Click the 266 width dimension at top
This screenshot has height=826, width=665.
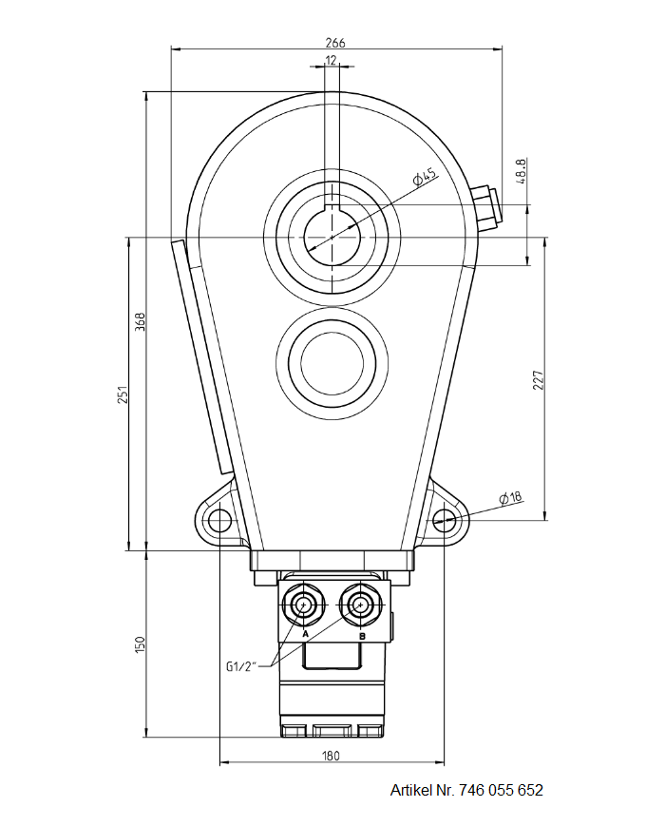click(x=334, y=42)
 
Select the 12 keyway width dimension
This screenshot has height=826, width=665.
click(x=331, y=60)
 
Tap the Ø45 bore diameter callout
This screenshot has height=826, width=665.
click(x=424, y=176)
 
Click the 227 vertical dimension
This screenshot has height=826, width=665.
click(x=538, y=380)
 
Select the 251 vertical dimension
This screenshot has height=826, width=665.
click(x=122, y=394)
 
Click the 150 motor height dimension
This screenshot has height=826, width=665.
click(x=139, y=644)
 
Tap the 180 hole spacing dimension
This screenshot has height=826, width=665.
click(x=331, y=756)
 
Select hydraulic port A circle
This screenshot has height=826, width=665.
click(x=305, y=604)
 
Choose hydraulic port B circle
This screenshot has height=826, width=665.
click(x=361, y=604)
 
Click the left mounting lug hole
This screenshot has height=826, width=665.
click(x=219, y=520)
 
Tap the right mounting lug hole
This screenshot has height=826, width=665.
click(x=444, y=519)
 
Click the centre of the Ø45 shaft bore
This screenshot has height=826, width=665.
click(x=332, y=237)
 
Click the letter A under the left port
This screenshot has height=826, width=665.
click(x=305, y=633)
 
